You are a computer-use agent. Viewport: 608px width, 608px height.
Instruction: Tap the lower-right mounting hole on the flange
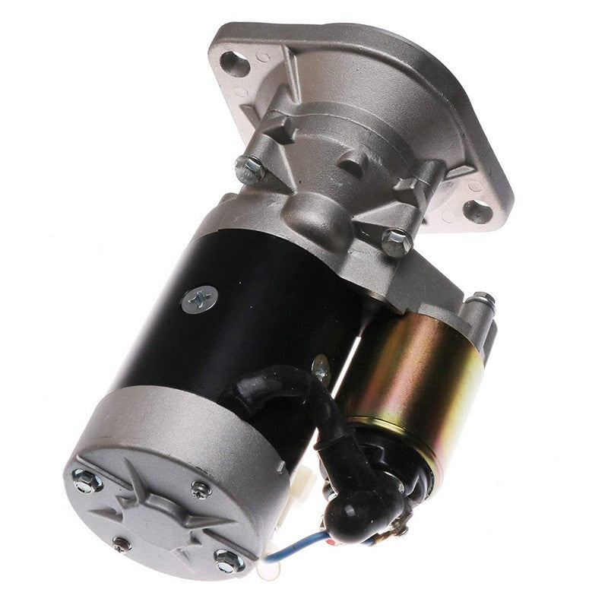(478, 210)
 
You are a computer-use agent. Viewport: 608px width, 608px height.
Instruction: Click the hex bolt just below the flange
(396, 242)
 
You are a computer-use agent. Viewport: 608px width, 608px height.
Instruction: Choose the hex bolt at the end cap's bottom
(227, 561)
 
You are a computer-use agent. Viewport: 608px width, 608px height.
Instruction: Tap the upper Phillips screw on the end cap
(200, 488)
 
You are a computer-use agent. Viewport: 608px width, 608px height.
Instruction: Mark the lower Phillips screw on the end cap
(122, 543)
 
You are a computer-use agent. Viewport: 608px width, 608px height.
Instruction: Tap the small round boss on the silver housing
(350, 163)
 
